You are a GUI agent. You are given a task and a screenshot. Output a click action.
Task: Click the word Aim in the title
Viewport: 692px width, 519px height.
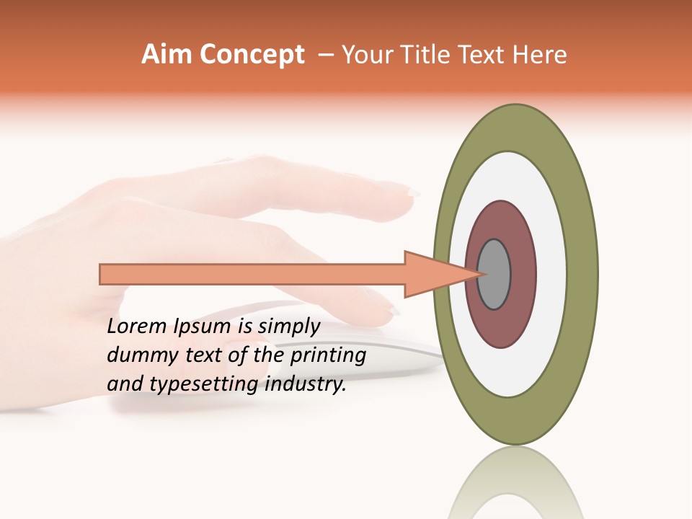pos(167,55)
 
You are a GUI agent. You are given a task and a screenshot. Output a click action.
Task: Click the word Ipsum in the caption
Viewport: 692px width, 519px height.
pos(201,327)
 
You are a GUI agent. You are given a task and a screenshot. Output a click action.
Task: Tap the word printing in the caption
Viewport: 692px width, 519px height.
pos(328,356)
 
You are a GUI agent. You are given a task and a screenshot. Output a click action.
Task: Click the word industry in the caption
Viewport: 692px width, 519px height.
pos(306,384)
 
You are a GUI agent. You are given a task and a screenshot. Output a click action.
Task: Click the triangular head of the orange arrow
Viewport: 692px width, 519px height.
pos(432,274)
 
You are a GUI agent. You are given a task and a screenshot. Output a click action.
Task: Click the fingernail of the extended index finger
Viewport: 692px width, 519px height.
pos(409,192)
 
